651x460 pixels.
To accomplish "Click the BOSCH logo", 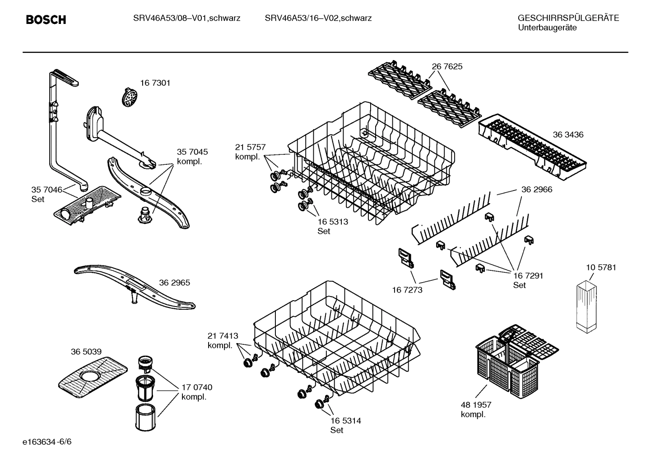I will pyautogui.click(x=46, y=19).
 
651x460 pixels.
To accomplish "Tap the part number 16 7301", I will pyautogui.click(x=155, y=83).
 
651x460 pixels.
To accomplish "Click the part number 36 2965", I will pyautogui.click(x=174, y=283).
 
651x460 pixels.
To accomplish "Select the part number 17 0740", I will pyautogui.click(x=197, y=387).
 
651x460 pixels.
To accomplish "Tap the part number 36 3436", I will pyautogui.click(x=568, y=135).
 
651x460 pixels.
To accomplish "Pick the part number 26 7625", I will pyautogui.click(x=447, y=66).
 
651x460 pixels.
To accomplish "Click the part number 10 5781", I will pyautogui.click(x=601, y=267).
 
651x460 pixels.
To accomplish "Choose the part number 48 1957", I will pyautogui.click(x=476, y=405).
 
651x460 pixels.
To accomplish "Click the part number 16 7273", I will pyautogui.click(x=407, y=290).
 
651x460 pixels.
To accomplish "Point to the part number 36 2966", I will pyautogui.click(x=537, y=190).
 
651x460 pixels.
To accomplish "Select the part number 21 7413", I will pyautogui.click(x=223, y=336).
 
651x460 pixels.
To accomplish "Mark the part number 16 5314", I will pyautogui.click(x=345, y=421).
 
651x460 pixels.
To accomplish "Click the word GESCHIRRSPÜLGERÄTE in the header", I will pyautogui.click(x=568, y=18).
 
